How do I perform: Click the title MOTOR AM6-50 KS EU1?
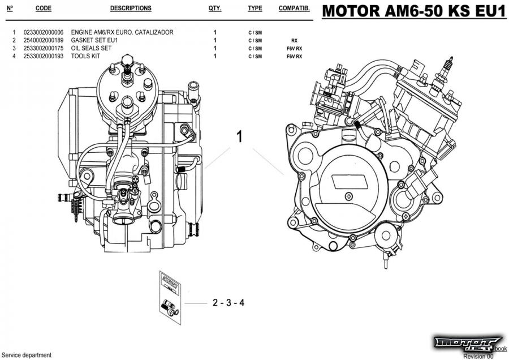point(413,11)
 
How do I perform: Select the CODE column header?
point(44,8)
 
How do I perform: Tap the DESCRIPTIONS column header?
point(131,8)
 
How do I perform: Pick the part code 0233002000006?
point(44,33)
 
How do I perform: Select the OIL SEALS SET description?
point(91,49)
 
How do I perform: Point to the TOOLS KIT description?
point(87,57)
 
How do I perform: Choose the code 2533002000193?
point(44,57)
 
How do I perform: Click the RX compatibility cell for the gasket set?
point(294,41)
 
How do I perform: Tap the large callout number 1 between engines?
point(240,137)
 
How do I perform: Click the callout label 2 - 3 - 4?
point(228,303)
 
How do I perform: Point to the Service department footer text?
point(27,355)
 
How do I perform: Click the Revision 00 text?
point(478,356)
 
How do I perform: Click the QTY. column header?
point(215,8)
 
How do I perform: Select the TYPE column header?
point(255,8)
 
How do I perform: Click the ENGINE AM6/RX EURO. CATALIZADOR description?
point(122,33)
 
